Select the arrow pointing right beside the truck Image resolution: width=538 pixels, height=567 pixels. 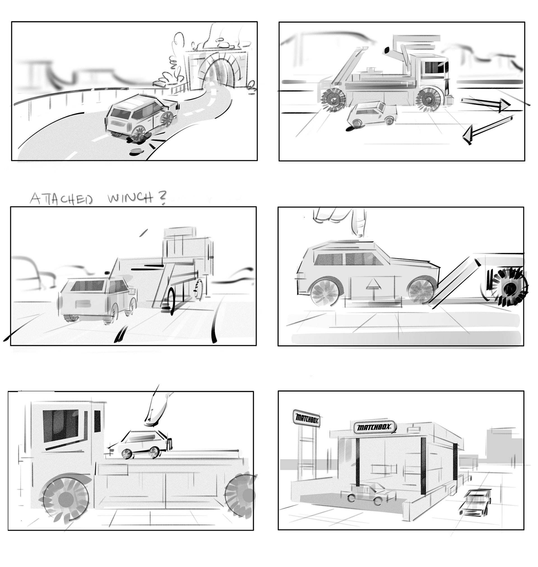[x=486, y=104]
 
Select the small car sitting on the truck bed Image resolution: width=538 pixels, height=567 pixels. [x=140, y=444]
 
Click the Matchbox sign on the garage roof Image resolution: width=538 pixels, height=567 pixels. [x=374, y=428]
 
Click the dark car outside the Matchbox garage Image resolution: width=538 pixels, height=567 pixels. [x=475, y=502]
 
